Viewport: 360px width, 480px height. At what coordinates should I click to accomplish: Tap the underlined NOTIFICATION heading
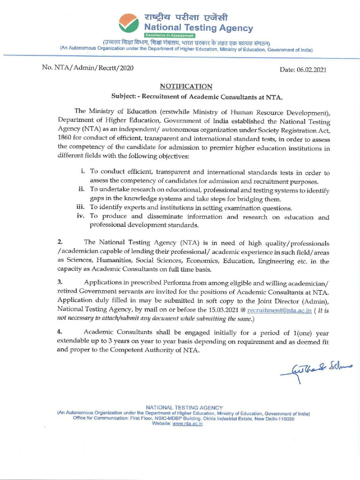click(186, 86)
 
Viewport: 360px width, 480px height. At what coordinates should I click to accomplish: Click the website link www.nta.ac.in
click(187, 423)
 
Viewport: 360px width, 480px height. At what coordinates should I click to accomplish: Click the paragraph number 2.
click(60, 242)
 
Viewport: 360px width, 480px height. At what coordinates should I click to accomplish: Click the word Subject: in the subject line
click(123, 96)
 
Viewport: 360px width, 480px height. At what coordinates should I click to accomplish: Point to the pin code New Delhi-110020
click(276, 419)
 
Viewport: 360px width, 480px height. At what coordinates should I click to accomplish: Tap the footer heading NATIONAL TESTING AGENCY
click(184, 408)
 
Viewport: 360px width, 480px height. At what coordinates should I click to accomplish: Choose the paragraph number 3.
click(60, 282)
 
